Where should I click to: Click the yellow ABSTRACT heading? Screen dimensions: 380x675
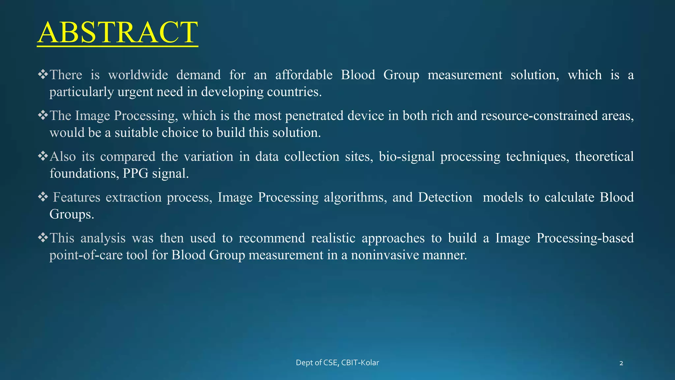(x=117, y=32)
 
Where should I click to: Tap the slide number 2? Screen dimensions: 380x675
(x=621, y=363)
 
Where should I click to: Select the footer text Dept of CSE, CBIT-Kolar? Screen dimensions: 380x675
(x=337, y=363)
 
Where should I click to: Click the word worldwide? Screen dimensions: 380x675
(x=138, y=75)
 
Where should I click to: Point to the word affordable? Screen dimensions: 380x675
(x=304, y=75)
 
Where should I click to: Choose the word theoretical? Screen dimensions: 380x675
(x=604, y=157)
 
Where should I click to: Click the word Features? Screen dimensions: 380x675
(x=76, y=197)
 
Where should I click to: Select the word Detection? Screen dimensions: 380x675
(x=445, y=197)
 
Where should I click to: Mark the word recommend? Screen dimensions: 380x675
(x=272, y=238)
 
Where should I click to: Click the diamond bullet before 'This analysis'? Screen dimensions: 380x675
(x=43, y=237)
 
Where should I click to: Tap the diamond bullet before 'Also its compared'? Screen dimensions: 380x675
(x=43, y=156)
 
